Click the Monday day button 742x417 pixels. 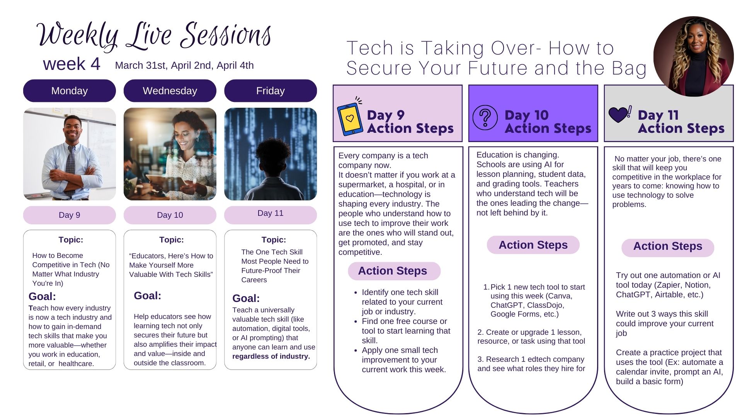tap(70, 91)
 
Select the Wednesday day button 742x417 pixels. tap(170, 91)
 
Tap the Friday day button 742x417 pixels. tap(271, 91)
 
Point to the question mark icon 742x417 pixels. tap(485, 117)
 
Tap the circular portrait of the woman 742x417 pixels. tap(693, 56)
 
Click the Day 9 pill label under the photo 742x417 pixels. tap(70, 215)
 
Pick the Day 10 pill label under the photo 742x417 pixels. tap(170, 215)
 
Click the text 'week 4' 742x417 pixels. tap(72, 64)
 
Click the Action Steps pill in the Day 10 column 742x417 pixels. tap(533, 245)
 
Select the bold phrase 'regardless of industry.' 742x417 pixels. tap(271, 356)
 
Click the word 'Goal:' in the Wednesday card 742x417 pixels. tap(148, 296)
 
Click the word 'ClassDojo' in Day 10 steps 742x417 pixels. tap(545, 305)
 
